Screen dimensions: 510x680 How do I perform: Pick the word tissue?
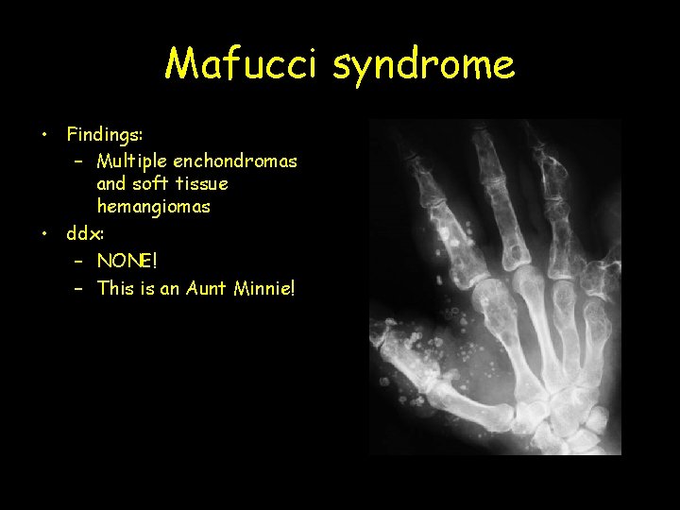point(205,183)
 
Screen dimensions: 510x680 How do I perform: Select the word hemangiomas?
point(153,206)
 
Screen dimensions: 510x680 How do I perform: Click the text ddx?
point(86,232)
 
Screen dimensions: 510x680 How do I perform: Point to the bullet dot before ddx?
point(45,232)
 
